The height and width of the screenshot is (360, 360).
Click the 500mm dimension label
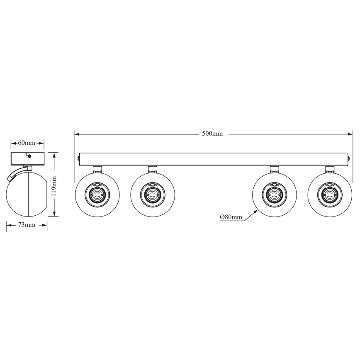coord(212,134)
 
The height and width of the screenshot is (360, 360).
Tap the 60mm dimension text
coord(27,143)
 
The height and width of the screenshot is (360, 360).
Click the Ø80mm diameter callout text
coord(231,217)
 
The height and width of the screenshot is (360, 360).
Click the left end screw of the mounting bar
coord(78,159)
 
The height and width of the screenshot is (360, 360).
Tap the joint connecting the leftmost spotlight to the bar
coord(97,168)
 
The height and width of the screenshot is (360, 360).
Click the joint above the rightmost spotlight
coord(330,168)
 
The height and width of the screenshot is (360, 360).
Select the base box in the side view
coord(27,158)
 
